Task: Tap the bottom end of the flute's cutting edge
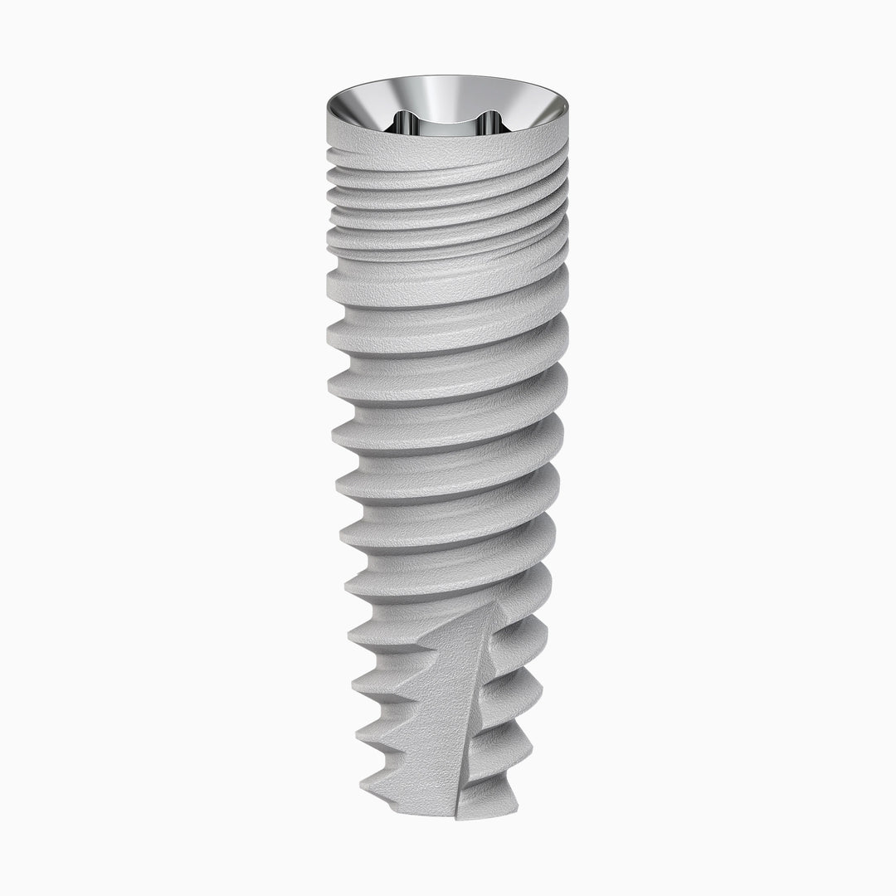pyautogui.click(x=456, y=813)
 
